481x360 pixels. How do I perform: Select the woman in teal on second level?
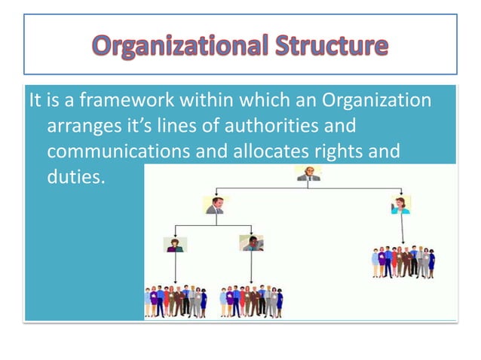tap(400, 205)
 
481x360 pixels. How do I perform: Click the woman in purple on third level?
tap(176, 243)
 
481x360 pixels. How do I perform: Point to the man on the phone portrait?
tap(251, 243)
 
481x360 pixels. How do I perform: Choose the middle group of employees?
tap(252, 301)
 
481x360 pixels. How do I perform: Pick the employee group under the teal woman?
tap(403, 261)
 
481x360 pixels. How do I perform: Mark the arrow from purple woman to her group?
tap(176, 267)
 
